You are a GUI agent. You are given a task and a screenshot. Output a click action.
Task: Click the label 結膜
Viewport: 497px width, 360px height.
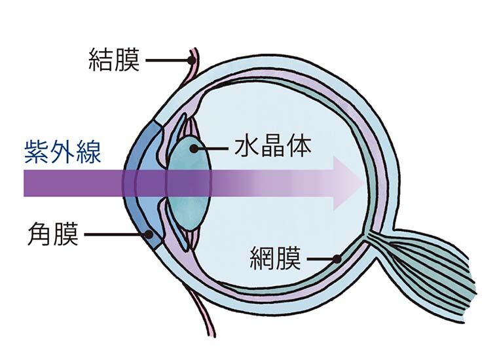[114, 60]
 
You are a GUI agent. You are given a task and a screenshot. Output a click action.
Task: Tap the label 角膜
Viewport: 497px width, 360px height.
[52, 234]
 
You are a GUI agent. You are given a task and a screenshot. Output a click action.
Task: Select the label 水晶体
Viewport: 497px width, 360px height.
[272, 147]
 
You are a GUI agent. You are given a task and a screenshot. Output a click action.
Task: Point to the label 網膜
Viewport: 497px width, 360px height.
[275, 258]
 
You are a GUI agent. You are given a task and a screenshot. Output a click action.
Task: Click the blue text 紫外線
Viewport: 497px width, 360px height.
[62, 151]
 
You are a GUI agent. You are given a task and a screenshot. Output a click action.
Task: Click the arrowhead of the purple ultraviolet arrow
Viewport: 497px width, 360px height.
[348, 183]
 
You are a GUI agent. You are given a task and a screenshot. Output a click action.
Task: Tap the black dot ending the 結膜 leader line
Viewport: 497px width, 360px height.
[191, 60]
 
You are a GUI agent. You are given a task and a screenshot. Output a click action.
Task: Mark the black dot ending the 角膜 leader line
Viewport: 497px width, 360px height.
[149, 234]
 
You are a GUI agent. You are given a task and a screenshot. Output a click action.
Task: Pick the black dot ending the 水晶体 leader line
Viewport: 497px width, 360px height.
[193, 148]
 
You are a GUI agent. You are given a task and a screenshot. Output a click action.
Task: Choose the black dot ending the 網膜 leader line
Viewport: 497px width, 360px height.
[337, 259]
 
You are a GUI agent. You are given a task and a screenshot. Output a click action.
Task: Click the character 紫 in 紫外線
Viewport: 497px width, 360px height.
[37, 151]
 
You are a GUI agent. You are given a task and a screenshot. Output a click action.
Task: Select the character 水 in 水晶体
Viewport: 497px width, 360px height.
[248, 147]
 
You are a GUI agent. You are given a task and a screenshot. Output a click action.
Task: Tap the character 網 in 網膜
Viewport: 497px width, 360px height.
[262, 258]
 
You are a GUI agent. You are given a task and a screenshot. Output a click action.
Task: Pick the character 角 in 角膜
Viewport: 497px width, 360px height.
[40, 234]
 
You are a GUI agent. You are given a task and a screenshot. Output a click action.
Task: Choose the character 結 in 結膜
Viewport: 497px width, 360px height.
[101, 60]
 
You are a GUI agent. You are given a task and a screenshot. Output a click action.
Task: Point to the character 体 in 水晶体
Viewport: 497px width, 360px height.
[299, 147]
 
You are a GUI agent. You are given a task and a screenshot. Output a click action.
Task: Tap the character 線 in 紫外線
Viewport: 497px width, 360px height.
[89, 151]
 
